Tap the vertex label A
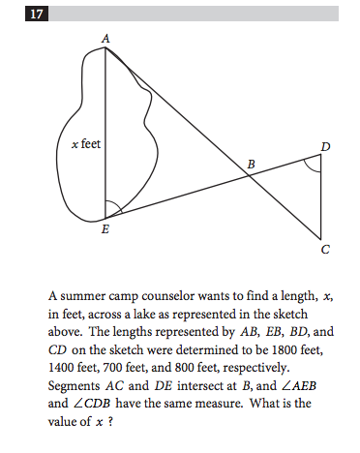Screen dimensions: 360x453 pos(105,36)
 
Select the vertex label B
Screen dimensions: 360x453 pos(251,165)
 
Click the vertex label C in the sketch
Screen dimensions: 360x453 pos(325,250)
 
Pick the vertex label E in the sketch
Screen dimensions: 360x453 pos(105,230)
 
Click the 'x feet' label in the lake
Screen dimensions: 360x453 pos(86,143)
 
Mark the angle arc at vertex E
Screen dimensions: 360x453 pos(113,206)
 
